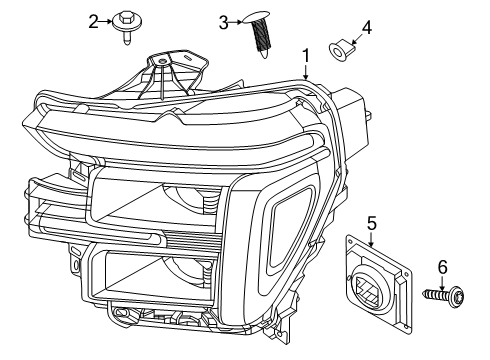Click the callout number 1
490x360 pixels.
[x=306, y=56]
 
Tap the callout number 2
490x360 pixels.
[x=93, y=22]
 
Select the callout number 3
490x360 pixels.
[x=223, y=23]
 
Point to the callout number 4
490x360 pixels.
[x=366, y=27]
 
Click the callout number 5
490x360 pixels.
[x=371, y=223]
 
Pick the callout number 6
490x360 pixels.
[x=442, y=267]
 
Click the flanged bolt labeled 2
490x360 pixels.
[x=127, y=27]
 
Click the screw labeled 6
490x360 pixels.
[x=443, y=294]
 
